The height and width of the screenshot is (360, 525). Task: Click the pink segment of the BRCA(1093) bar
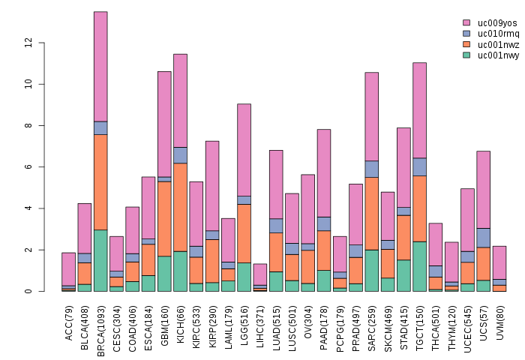(100, 66)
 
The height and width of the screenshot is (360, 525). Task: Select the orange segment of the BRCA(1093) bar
(100, 182)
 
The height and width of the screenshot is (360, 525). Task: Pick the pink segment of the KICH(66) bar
(180, 100)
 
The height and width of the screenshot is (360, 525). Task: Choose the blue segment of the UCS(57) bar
(484, 238)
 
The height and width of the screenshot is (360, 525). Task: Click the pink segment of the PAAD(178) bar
(324, 173)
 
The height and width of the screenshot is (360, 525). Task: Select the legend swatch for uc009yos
(466, 23)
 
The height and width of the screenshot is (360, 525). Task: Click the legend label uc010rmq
(499, 34)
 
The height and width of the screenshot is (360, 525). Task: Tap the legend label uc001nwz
(499, 44)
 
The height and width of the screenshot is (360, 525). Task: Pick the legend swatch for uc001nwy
(466, 55)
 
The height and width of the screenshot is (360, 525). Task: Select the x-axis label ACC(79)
(69, 322)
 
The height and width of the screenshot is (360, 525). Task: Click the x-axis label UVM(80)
(500, 322)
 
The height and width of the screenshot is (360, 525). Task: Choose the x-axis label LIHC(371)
(260, 325)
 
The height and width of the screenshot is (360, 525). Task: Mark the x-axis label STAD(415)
(404, 325)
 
